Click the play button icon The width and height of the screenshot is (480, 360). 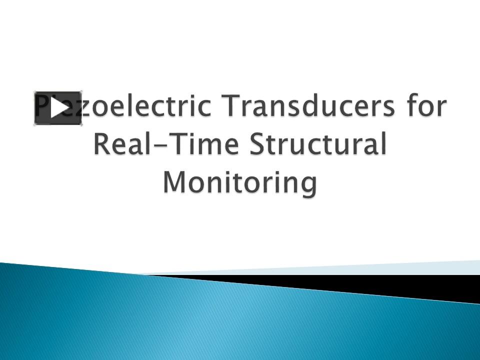[x=58, y=108]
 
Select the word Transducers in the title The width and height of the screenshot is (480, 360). [x=306, y=108]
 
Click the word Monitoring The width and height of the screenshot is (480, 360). [x=240, y=183]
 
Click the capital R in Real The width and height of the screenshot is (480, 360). [x=102, y=145]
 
